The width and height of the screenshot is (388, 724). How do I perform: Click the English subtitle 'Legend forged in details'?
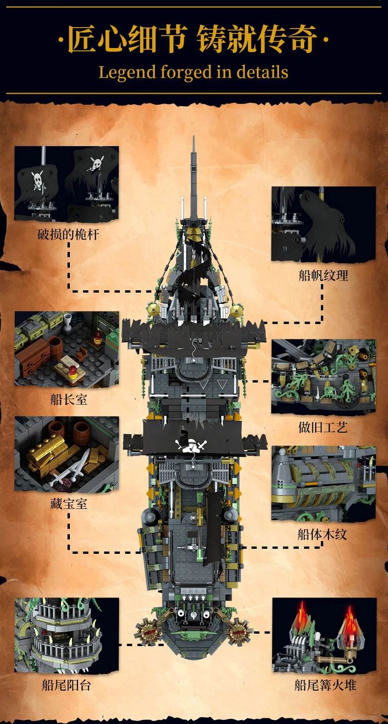[x=194, y=73]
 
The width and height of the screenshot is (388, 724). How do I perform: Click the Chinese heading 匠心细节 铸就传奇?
[x=194, y=40]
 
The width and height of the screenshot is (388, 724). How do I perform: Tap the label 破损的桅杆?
[x=68, y=235]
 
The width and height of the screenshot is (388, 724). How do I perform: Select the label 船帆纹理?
[x=323, y=276]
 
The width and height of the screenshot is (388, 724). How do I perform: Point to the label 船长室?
[x=68, y=400]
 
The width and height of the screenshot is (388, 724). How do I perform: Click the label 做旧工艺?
[x=323, y=427]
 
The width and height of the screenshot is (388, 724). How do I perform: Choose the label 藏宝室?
[x=68, y=504]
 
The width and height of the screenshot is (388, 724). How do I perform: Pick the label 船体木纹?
[x=323, y=535]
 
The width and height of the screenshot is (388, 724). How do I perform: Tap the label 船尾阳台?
[x=66, y=685]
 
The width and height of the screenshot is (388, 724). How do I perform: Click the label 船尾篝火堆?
[x=325, y=685]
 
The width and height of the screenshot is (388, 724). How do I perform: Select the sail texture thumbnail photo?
[x=323, y=224]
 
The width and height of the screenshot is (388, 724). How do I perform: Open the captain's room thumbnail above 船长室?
[x=66, y=349]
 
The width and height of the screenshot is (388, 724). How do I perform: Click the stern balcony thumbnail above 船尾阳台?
[x=66, y=635]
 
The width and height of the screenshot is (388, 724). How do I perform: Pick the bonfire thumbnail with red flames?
[x=324, y=635]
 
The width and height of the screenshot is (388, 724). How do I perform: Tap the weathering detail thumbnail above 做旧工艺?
[x=323, y=377]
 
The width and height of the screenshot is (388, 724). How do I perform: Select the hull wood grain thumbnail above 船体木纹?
[x=323, y=484]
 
